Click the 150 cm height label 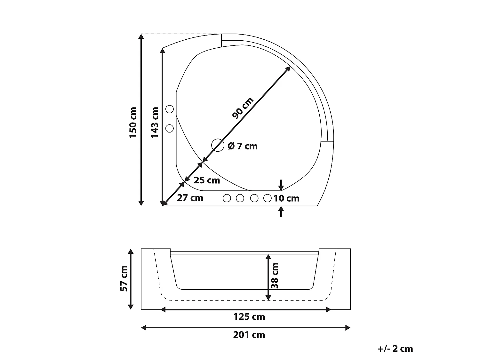[x=133, y=123]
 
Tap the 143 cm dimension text [x=155, y=123]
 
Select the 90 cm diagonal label [x=243, y=108]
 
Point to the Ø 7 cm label [x=243, y=146]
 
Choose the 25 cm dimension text [x=207, y=180]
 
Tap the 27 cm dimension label [x=190, y=198]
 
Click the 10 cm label [x=286, y=198]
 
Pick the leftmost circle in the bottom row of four [x=227, y=198]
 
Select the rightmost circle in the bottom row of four [x=268, y=198]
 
